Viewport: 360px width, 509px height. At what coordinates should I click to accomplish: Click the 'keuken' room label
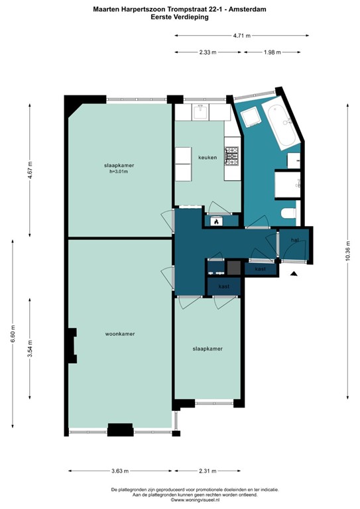tap(208, 158)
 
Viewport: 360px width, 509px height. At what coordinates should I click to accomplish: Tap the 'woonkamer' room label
tap(120, 334)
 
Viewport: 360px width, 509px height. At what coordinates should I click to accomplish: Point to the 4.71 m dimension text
tap(241, 34)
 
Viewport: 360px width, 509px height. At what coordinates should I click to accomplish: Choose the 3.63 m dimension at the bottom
tap(119, 471)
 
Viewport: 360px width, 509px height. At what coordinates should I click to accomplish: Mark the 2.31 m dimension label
tap(208, 471)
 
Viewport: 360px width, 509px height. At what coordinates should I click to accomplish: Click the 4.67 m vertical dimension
tap(30, 170)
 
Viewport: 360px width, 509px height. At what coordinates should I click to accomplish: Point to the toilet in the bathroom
tap(288, 213)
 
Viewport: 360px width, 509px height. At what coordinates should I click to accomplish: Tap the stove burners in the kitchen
tap(231, 156)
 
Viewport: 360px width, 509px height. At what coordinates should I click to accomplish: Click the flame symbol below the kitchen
tap(215, 222)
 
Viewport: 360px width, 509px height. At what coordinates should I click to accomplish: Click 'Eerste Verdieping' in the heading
tap(180, 17)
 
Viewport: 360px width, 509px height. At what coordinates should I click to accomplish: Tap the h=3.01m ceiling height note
tap(119, 172)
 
